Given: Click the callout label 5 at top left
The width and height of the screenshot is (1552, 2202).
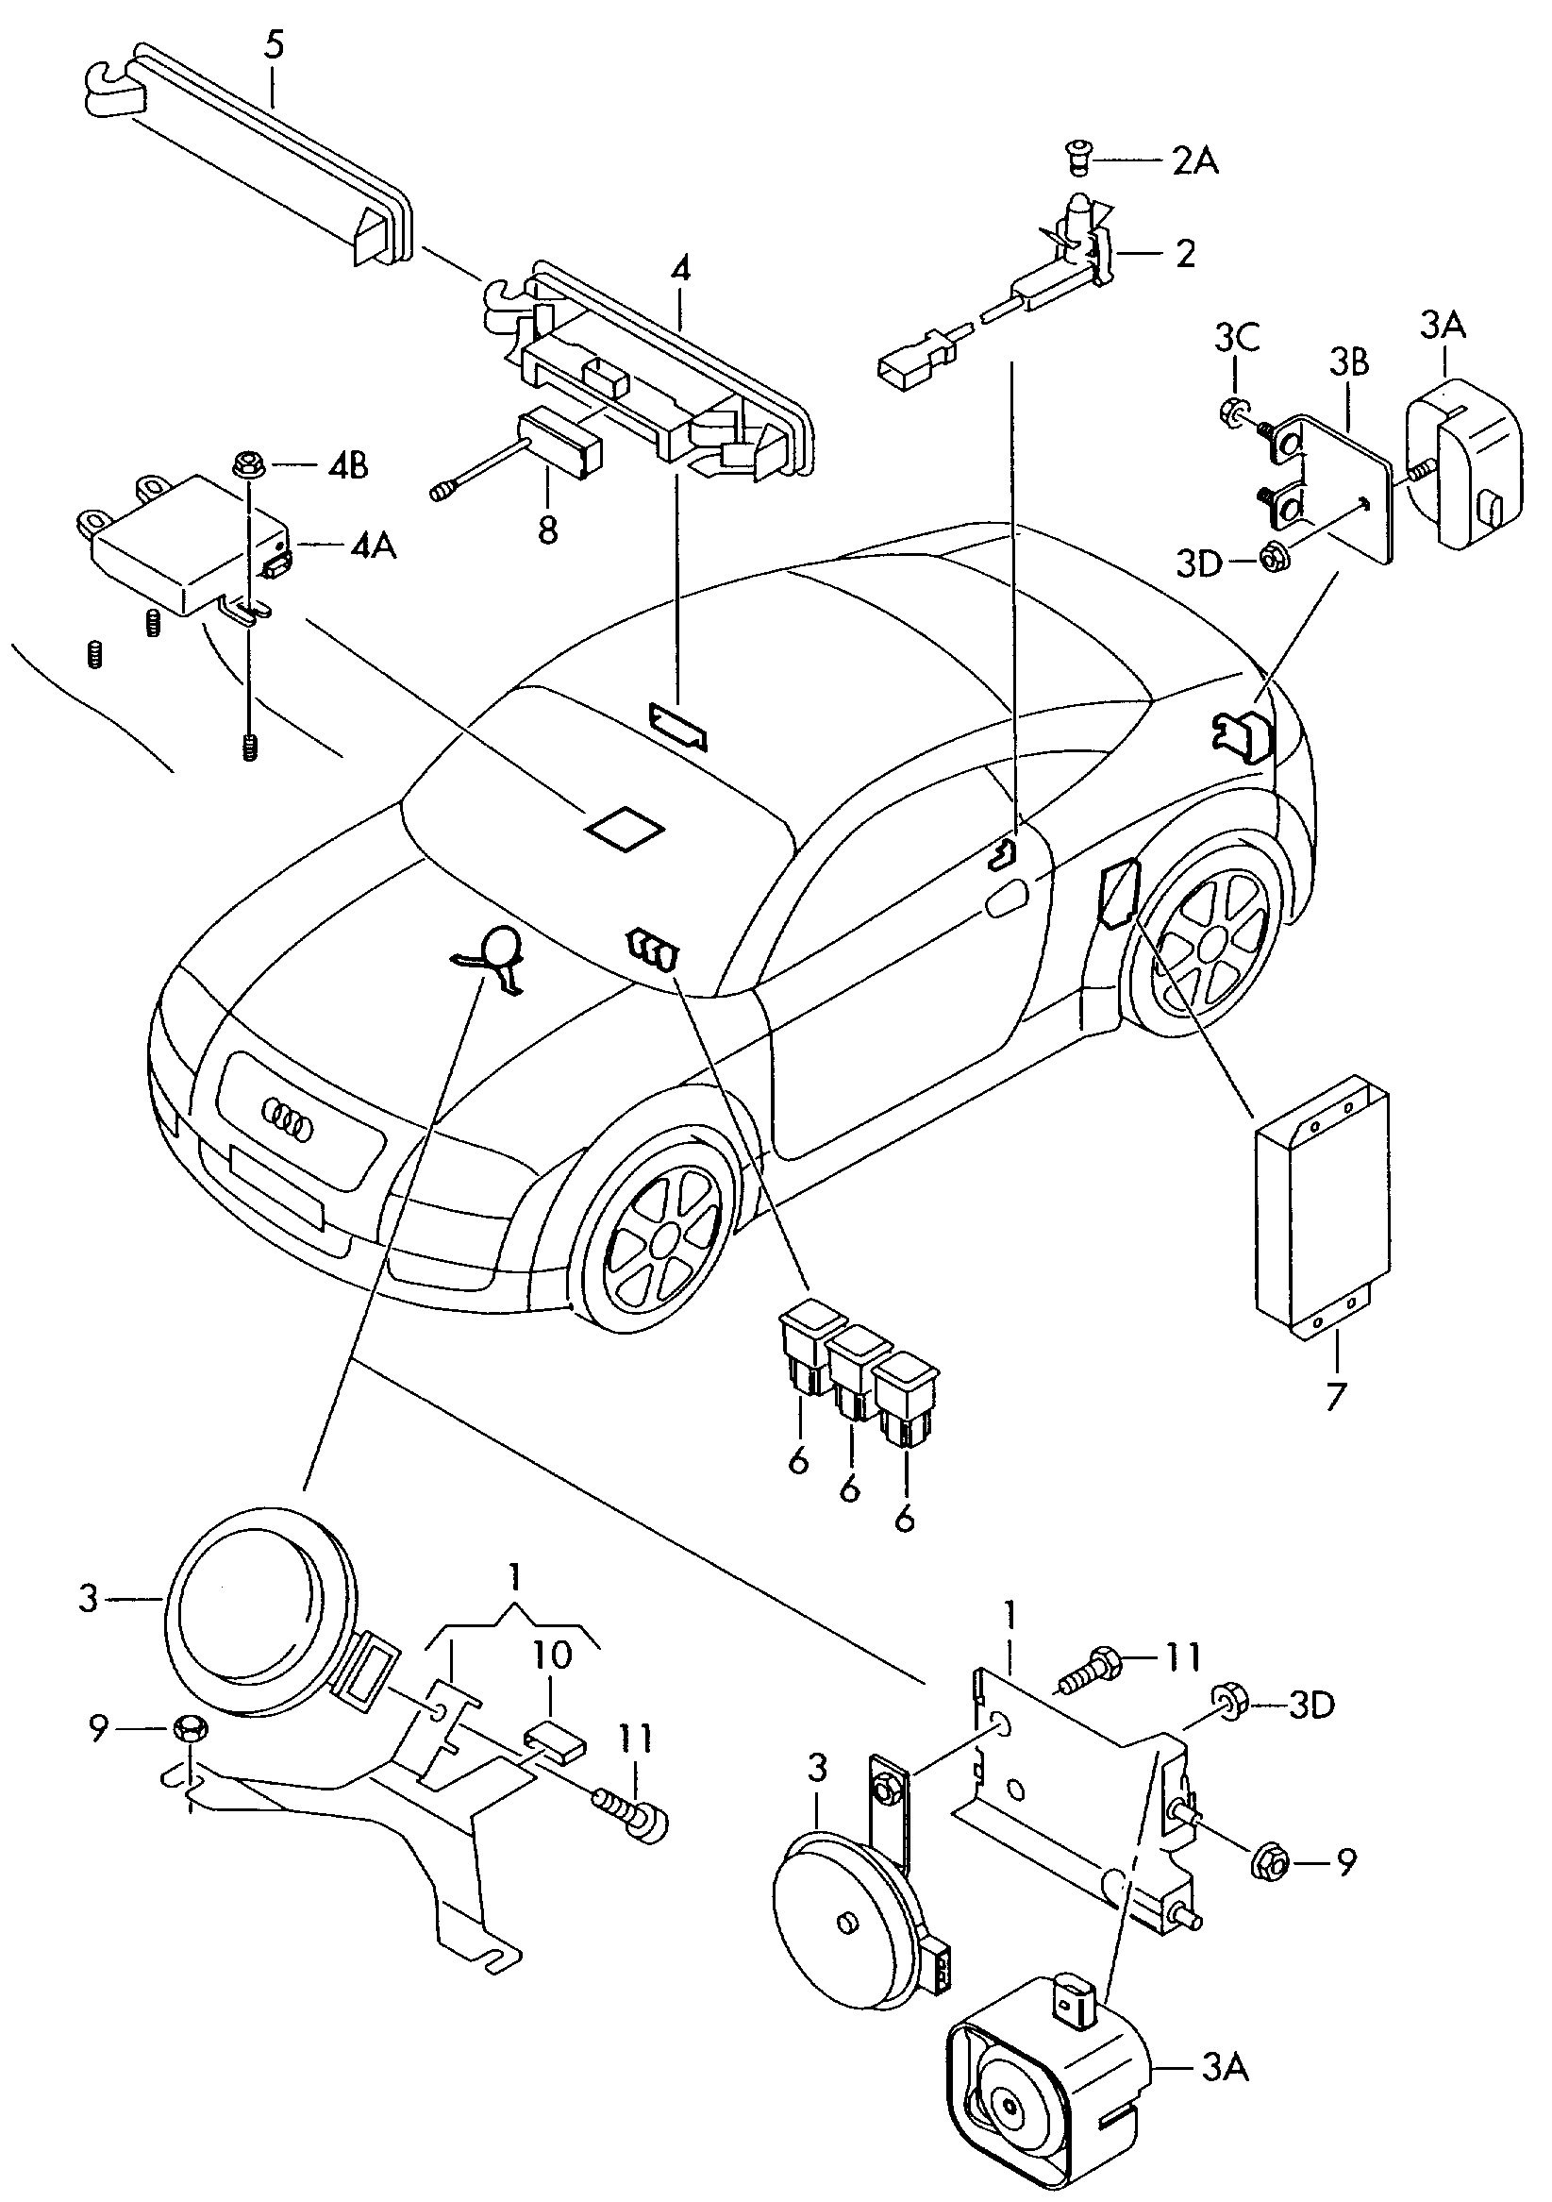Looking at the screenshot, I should [275, 46].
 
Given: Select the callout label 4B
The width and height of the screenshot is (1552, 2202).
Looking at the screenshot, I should [347, 467].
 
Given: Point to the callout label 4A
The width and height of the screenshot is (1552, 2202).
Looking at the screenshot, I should [372, 546].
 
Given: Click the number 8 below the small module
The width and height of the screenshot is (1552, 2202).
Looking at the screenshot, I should [547, 529].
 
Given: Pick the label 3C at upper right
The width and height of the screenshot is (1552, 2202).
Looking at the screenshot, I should [1237, 340].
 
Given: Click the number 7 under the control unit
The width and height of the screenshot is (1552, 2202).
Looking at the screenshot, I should [1336, 1396].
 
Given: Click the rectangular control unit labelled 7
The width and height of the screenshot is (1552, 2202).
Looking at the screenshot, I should [1321, 1205].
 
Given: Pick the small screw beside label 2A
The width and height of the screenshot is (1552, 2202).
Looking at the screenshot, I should [1078, 159].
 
